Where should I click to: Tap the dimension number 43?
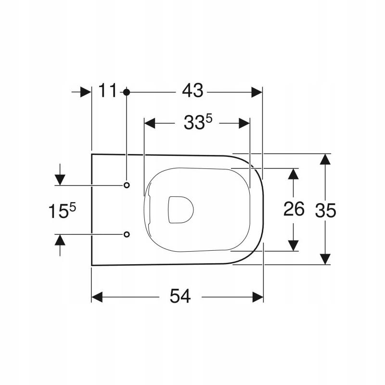[x=192, y=90]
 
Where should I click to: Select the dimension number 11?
[x=108, y=90]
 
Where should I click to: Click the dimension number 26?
[x=294, y=209]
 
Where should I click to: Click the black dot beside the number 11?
[x=126, y=91]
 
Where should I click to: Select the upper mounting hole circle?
[x=127, y=185]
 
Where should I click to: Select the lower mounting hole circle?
[x=127, y=234]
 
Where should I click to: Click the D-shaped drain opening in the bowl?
[x=181, y=210]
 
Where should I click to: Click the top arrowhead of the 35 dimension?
[x=326, y=160]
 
